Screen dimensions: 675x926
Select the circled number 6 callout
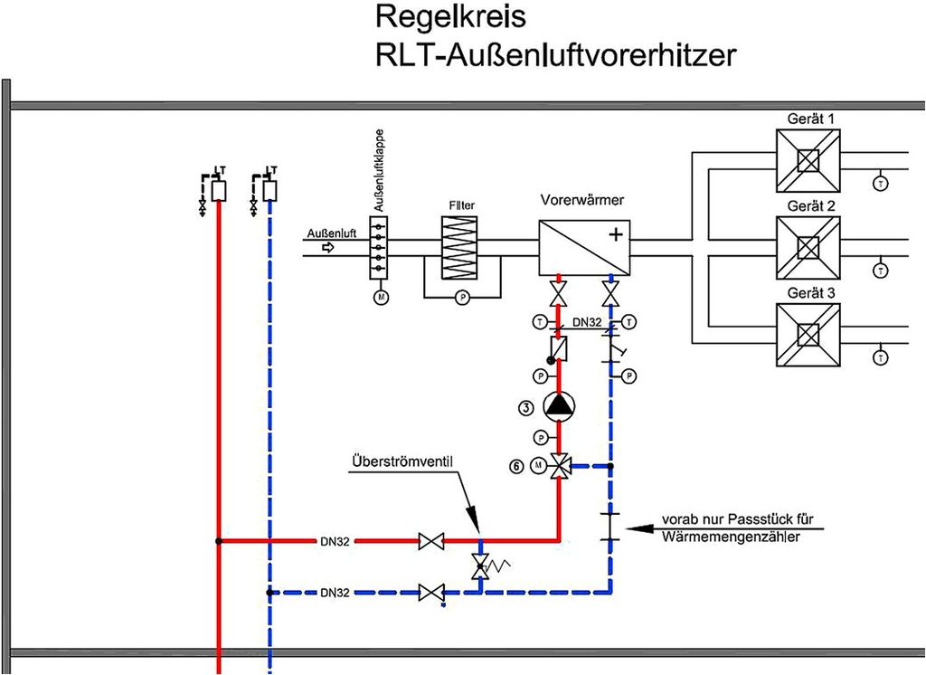516,466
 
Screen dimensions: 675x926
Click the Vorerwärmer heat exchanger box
585,248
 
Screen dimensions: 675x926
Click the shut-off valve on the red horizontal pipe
431,541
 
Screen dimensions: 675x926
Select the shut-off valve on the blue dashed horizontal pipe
431,594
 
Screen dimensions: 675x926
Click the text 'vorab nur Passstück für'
738,520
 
